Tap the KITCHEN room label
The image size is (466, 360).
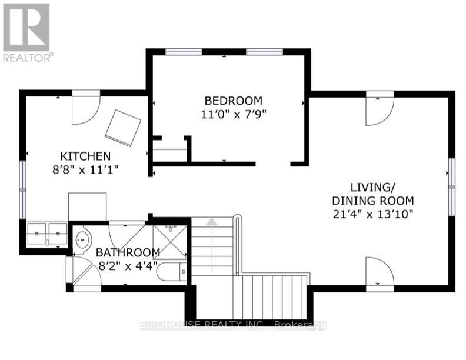pyautogui.click(x=85, y=156)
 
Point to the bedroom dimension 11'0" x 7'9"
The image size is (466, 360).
pyautogui.click(x=233, y=115)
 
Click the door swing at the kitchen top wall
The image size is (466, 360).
pyautogui.click(x=86, y=109)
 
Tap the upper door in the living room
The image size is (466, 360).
pyautogui.click(x=380, y=109)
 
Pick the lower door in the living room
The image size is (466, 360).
pyautogui.click(x=380, y=272)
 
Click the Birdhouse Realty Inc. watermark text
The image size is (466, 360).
pyautogui.click(x=233, y=325)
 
